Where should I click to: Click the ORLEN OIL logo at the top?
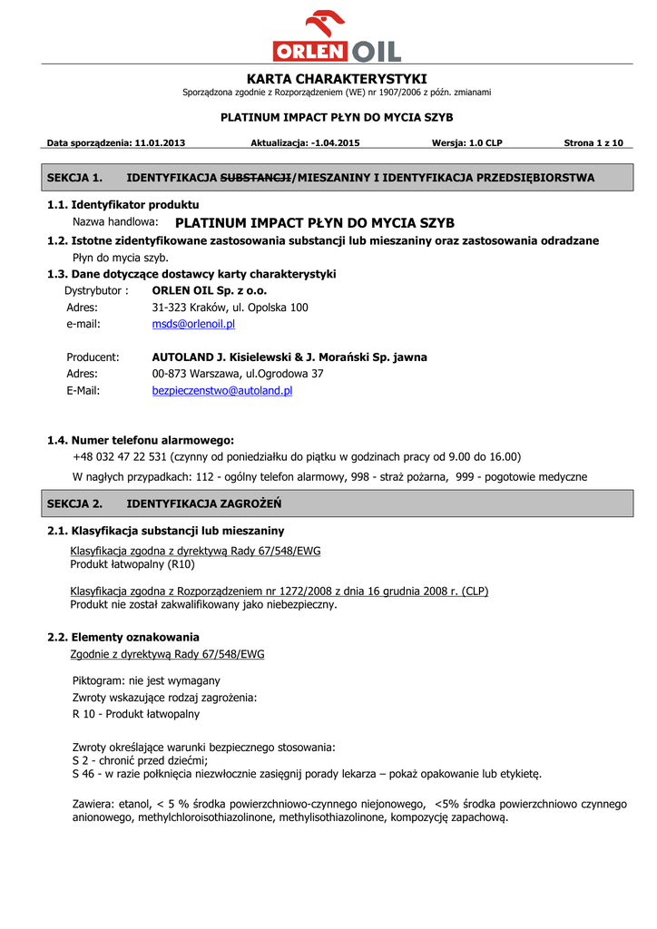tap(337, 36)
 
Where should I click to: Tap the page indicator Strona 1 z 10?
tap(593, 142)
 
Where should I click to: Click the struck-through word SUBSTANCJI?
tap(256, 178)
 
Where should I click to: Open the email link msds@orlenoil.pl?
tap(193, 324)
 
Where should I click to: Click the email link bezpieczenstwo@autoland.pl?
tap(221, 391)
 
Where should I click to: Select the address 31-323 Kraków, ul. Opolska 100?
tap(230, 308)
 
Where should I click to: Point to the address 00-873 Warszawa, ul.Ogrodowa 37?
tap(238, 374)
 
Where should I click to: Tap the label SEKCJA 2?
tap(74, 504)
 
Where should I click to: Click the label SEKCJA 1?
tap(74, 178)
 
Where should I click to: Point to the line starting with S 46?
tap(306, 774)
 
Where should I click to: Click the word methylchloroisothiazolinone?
tap(206, 817)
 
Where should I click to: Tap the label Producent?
tap(93, 357)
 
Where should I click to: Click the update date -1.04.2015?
tap(335, 142)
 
